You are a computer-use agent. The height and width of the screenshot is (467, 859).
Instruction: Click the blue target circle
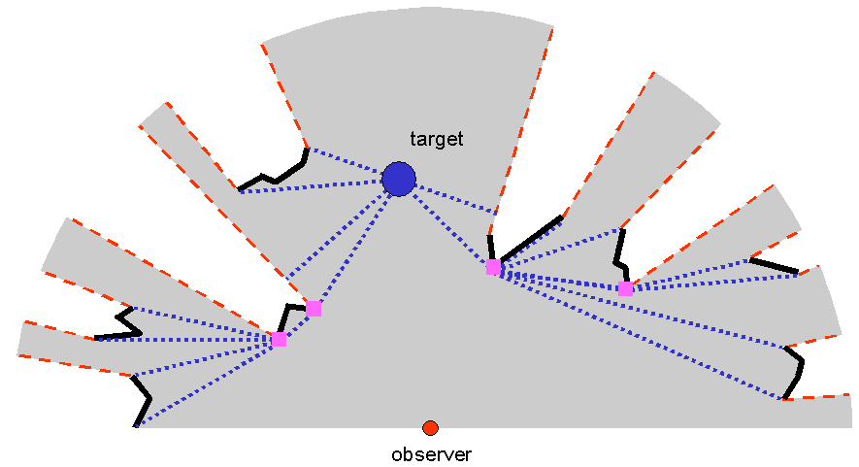click(399, 179)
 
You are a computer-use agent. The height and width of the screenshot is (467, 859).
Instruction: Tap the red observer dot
click(431, 427)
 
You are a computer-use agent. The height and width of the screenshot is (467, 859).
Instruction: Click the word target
click(437, 139)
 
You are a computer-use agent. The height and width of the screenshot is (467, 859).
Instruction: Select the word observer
click(431, 453)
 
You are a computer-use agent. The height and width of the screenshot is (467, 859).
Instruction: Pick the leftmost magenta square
click(279, 339)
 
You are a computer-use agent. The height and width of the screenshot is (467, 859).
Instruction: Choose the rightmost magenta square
click(625, 288)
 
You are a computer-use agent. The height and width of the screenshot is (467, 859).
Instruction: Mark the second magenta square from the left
click(314, 308)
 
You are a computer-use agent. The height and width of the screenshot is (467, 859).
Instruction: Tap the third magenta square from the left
click(493, 267)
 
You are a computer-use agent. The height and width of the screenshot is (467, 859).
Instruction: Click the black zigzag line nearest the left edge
click(121, 325)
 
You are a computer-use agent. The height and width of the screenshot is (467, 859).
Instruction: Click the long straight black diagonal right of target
click(531, 238)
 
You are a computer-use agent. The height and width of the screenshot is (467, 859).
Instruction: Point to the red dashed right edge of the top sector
click(525, 117)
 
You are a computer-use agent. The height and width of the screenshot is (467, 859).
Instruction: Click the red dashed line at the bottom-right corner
click(820, 396)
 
